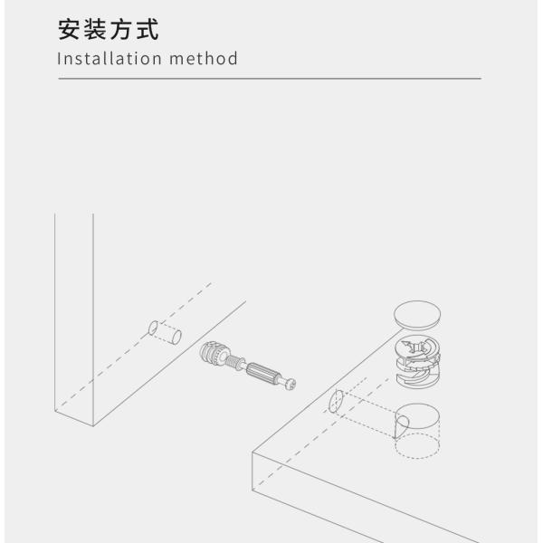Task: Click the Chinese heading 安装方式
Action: click(108, 30)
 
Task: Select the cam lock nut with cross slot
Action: click(419, 357)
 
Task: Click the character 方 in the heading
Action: click(121, 30)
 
